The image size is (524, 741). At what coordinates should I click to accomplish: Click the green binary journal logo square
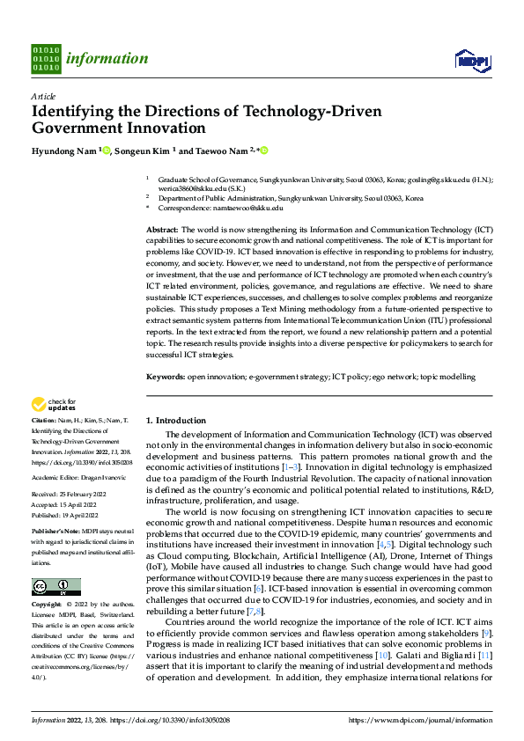(46, 59)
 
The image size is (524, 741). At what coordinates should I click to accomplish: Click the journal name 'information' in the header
(107, 59)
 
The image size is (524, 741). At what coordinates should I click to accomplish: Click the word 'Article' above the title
(43, 96)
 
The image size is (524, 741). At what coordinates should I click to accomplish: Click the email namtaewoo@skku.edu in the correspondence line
(252, 208)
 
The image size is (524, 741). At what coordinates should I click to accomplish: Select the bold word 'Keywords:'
(165, 377)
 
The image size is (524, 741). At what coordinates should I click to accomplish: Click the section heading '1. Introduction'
(176, 421)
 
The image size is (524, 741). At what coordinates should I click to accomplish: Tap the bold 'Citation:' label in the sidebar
(46, 422)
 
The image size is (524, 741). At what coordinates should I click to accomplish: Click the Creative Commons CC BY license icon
(55, 587)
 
